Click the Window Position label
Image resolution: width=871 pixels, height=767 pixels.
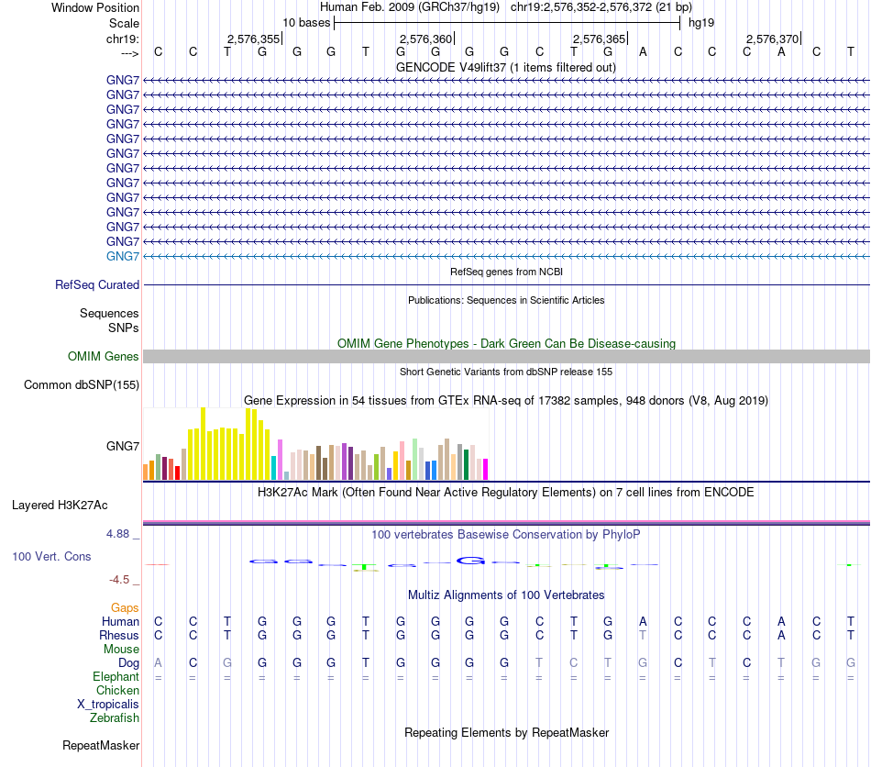point(95,7)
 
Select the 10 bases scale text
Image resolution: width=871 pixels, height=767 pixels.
point(306,22)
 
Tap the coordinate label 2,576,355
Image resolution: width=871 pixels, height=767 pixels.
point(253,39)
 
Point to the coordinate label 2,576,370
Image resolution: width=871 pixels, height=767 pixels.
point(772,39)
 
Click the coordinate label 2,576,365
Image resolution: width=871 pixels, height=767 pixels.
point(599,39)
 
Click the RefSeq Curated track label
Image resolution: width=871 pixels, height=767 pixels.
point(97,285)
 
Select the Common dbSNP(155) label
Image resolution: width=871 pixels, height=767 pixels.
point(82,384)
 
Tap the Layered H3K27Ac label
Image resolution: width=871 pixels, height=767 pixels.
point(60,505)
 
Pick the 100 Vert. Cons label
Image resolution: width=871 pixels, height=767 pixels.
point(51,557)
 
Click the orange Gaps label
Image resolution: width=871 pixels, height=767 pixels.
point(125,607)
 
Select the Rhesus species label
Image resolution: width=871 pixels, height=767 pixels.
point(119,635)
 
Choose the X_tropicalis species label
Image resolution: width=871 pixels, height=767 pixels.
point(108,704)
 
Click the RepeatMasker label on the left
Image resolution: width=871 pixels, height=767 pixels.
point(101,745)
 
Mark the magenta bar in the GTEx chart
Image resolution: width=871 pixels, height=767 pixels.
point(485,469)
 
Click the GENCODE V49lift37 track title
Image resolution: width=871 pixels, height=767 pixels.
point(505,67)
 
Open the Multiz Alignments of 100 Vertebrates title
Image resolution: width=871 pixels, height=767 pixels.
point(506,595)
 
